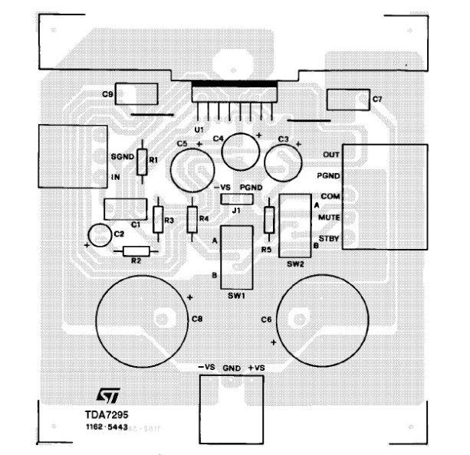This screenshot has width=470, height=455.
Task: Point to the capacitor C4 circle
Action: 241,151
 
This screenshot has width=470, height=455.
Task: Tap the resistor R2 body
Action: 136,250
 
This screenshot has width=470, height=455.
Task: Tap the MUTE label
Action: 328,218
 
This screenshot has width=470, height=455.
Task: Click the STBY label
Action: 328,240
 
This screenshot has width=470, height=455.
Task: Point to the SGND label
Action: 123,155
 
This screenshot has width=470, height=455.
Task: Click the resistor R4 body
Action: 192,218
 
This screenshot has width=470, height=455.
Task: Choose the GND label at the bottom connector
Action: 232,369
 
